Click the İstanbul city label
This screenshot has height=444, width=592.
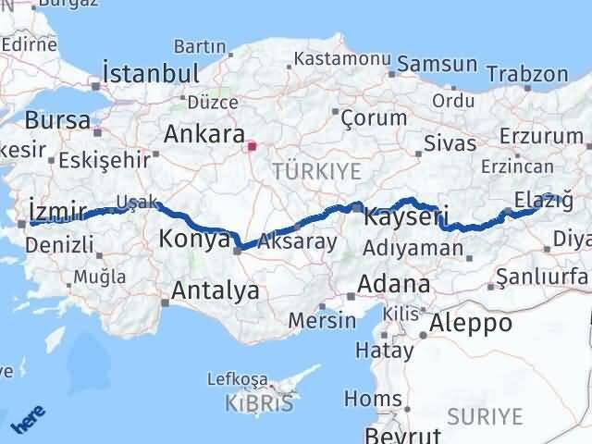click(151, 74)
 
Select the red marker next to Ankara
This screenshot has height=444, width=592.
click(252, 145)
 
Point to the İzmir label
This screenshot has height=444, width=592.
click(57, 208)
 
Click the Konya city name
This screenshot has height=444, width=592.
click(194, 239)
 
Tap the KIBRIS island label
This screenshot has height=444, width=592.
click(260, 403)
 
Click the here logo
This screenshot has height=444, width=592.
click(29, 421)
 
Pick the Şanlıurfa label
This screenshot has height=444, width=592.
click(542, 276)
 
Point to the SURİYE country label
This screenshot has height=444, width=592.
click(485, 417)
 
